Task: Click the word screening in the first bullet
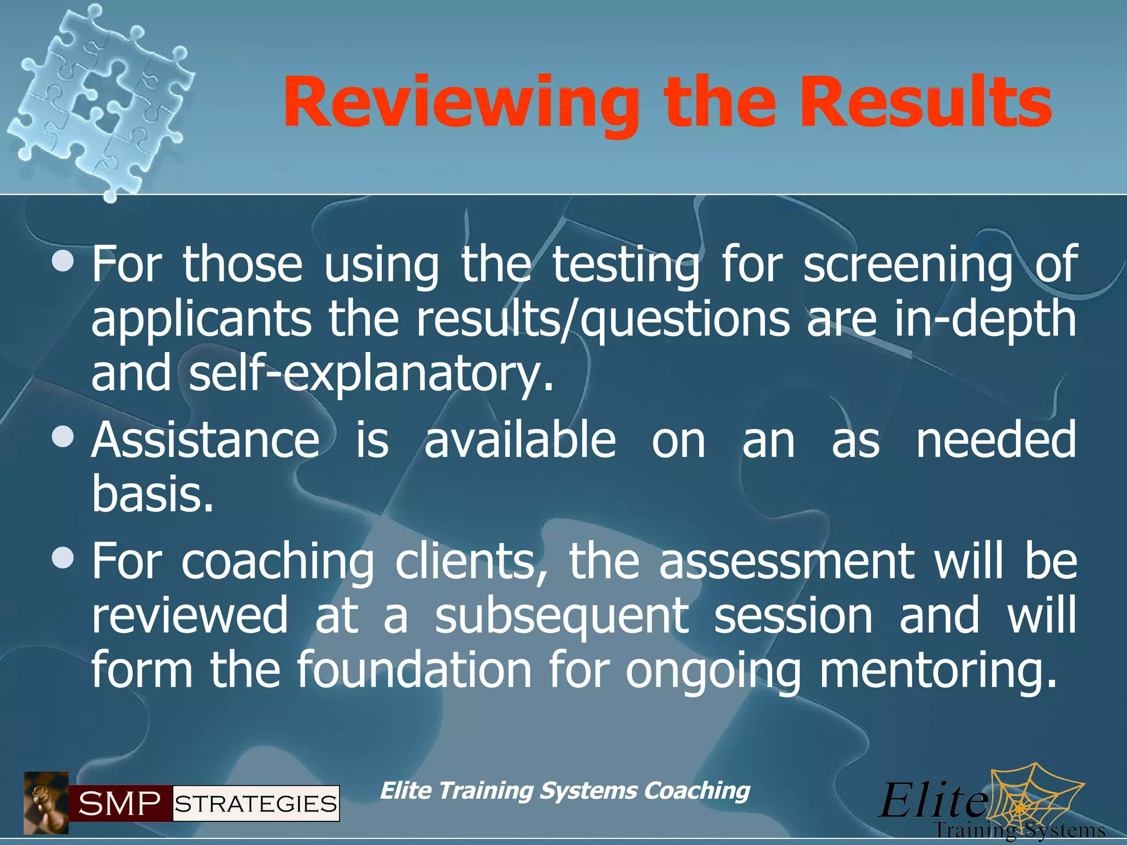(x=907, y=265)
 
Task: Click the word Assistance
(x=205, y=440)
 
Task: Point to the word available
(x=520, y=440)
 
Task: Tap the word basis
(x=152, y=494)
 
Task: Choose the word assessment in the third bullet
(x=786, y=562)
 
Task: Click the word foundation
(x=414, y=670)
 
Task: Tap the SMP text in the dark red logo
(x=120, y=804)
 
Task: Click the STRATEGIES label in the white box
(x=256, y=804)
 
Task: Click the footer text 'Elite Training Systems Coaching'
(x=565, y=791)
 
